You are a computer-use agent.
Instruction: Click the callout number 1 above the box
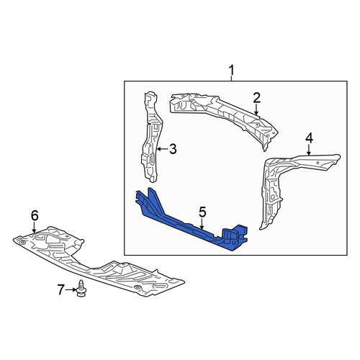[x=231, y=71]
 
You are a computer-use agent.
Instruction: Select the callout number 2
[x=256, y=98]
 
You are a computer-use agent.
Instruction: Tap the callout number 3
[x=173, y=149]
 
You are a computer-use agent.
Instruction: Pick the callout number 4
[x=309, y=138]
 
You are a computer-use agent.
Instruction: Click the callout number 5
[x=202, y=212]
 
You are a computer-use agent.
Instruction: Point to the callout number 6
[x=35, y=215]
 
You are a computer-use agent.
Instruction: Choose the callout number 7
[x=61, y=289]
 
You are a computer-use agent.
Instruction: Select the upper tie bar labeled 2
[x=223, y=117]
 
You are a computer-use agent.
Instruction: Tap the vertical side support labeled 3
[x=151, y=137]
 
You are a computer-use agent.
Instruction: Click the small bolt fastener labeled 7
[x=81, y=288]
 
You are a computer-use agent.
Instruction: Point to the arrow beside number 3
[x=163, y=149]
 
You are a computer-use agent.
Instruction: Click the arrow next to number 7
[x=71, y=290]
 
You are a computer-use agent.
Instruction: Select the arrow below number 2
[x=256, y=109]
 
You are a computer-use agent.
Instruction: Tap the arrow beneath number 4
[x=309, y=150]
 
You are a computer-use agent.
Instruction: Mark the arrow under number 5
[x=202, y=224]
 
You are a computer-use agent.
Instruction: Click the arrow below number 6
[x=35, y=227]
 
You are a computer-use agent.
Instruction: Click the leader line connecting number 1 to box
[x=231, y=78]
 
